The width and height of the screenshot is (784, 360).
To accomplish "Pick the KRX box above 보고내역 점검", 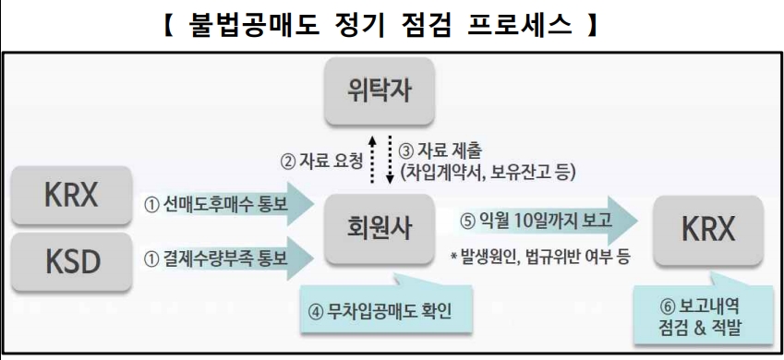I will coord(707,228).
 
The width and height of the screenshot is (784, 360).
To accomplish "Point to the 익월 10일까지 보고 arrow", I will coord(545,222).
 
